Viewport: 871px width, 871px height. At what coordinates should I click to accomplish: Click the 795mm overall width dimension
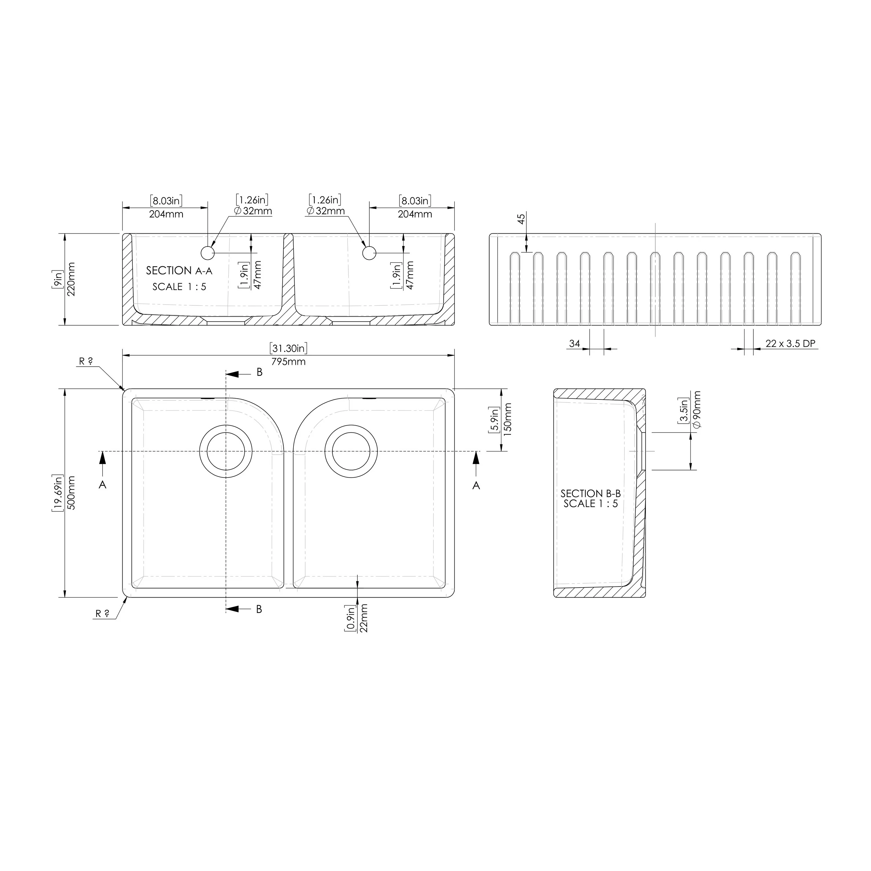click(x=289, y=361)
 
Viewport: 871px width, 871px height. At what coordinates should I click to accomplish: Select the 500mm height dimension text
click(x=71, y=493)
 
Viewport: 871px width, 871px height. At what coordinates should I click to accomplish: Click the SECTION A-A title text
click(x=179, y=271)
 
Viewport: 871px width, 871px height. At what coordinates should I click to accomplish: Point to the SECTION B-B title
click(x=591, y=494)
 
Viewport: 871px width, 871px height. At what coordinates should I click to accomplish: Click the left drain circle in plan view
click(x=226, y=451)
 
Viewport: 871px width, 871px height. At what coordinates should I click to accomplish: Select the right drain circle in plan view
click(x=351, y=451)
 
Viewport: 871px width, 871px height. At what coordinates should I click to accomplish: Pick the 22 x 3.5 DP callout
click(x=790, y=343)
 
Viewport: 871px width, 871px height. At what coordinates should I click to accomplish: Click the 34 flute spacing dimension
click(x=574, y=343)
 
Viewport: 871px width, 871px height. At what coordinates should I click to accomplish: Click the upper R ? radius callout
click(x=86, y=361)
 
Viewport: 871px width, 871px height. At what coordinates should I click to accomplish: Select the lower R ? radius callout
click(x=102, y=613)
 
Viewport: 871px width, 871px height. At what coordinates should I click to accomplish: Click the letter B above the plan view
click(x=260, y=372)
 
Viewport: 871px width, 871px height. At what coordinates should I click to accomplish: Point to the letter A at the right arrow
click(x=476, y=485)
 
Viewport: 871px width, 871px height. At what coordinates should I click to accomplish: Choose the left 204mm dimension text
click(x=166, y=214)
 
